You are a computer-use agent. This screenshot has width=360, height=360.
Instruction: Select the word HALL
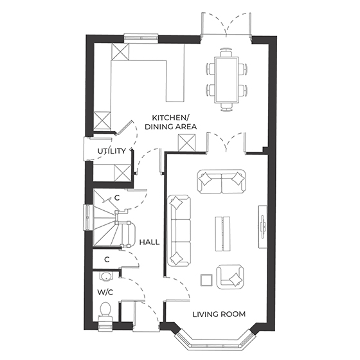click(149, 242)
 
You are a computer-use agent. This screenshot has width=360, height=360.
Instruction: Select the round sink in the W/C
click(107, 277)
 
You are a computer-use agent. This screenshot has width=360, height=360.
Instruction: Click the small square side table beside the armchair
click(207, 279)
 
